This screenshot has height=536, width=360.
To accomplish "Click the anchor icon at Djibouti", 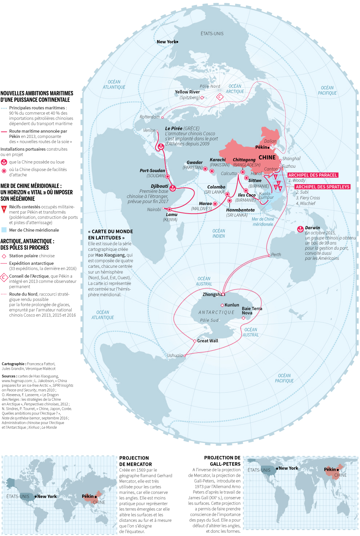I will pyautogui.click(x=173, y=188).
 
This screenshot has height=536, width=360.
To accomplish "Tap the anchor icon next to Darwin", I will pyautogui.click(x=300, y=229).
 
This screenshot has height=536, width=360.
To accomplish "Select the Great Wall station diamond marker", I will pyautogui.click(x=195, y=341).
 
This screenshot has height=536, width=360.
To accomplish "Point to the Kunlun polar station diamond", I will pyautogui.click(x=222, y=305).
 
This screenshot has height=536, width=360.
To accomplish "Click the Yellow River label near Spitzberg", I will pyautogui.click(x=187, y=92).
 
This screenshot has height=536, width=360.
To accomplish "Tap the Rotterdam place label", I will pyautogui.click(x=149, y=117).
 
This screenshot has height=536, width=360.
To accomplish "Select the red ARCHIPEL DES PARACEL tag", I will pyautogui.click(x=313, y=175).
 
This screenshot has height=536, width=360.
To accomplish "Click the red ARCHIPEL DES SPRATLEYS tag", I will pyautogui.click(x=323, y=187).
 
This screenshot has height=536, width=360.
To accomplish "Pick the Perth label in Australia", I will pyautogui.click(x=276, y=255).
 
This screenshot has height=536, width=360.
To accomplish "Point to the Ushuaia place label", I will pyautogui.click(x=175, y=356).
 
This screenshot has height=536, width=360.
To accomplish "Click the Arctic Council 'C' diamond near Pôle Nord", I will pyautogui.click(x=220, y=97).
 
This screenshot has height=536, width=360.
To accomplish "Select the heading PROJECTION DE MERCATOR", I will pyautogui.click(x=136, y=461).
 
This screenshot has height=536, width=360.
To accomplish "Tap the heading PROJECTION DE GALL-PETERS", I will pyautogui.click(x=222, y=461).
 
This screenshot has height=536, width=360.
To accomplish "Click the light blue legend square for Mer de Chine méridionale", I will pyautogui.click(x=4, y=230).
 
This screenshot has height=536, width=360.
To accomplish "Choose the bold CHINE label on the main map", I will pyautogui.click(x=267, y=158).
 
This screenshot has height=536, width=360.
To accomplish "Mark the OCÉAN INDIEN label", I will pyautogui.click(x=219, y=233).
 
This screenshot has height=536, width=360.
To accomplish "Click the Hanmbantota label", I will pyautogui.click(x=240, y=210).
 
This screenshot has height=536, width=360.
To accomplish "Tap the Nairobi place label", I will pyautogui.click(x=154, y=210).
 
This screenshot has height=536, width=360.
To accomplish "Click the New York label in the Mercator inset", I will pyautogui.click(x=47, y=496).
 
